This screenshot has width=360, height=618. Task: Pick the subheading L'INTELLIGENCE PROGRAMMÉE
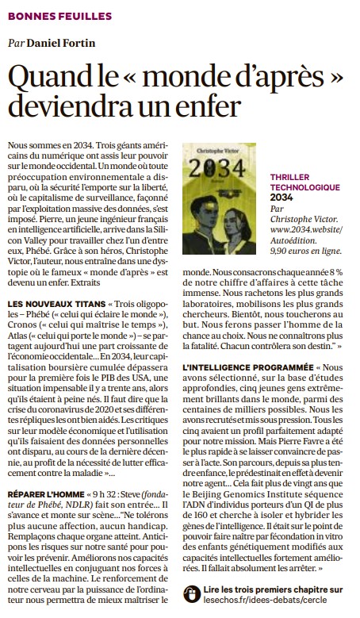tap(242, 368)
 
